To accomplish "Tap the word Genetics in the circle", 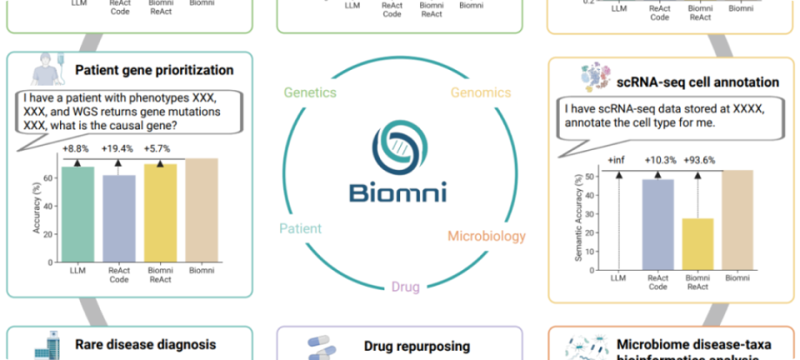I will [310, 92].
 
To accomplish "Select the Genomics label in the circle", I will [481, 92].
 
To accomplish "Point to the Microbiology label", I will [487, 236].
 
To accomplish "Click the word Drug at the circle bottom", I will [400, 287].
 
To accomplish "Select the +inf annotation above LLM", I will [617, 159].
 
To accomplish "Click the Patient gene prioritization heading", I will [153, 70].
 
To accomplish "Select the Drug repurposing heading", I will [417, 346].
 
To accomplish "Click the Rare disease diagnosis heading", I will [146, 344].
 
